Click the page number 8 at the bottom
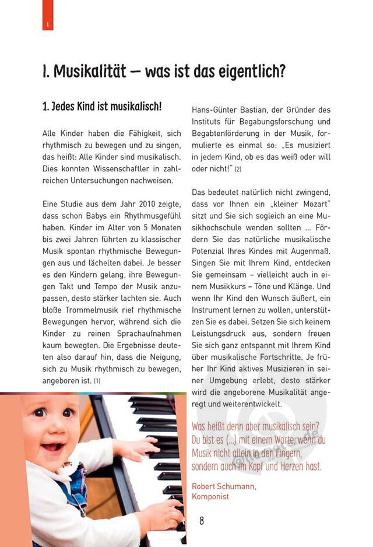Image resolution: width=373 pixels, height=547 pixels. click(x=202, y=521)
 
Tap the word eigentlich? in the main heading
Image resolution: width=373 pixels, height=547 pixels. click(x=253, y=72)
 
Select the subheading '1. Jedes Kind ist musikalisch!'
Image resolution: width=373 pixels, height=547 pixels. click(x=101, y=108)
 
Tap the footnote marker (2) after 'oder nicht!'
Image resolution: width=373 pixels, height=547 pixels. click(x=238, y=169)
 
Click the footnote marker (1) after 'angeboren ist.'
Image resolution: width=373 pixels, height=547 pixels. click(x=97, y=381)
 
